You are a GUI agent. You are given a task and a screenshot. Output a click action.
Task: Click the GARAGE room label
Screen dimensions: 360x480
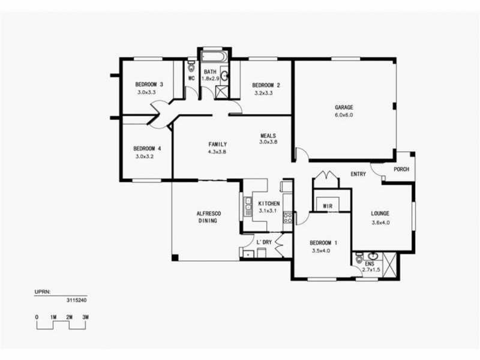tap(344, 108)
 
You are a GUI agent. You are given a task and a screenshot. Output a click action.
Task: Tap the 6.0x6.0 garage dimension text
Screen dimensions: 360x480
tap(344, 115)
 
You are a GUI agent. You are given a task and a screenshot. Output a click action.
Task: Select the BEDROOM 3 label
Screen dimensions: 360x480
tap(149, 85)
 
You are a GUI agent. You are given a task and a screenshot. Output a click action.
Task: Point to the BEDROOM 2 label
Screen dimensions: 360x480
tap(266, 85)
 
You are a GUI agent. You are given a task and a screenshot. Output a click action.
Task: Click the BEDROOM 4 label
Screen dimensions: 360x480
tap(147, 149)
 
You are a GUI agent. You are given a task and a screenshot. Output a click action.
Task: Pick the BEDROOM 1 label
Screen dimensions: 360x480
tap(323, 243)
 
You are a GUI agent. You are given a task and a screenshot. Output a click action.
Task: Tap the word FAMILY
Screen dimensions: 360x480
tap(217, 145)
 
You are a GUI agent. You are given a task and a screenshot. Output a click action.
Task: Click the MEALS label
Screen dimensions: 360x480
tap(268, 135)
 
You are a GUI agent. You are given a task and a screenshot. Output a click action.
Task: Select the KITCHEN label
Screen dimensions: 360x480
tap(269, 203)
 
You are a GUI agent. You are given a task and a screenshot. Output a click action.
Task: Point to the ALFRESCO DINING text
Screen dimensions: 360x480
tap(206, 217)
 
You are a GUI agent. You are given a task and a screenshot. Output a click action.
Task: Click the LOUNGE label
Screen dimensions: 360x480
tap(380, 214)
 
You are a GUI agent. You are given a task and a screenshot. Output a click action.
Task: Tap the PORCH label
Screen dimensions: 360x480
tap(401, 169)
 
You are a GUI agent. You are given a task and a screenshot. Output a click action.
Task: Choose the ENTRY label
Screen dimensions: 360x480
tap(358, 174)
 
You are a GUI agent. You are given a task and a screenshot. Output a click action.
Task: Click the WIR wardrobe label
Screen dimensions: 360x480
tap(328, 206)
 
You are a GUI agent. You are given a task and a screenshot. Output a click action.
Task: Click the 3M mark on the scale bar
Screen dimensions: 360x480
tap(86, 316)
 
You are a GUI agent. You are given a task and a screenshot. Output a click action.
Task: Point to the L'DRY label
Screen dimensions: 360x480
tap(264, 242)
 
